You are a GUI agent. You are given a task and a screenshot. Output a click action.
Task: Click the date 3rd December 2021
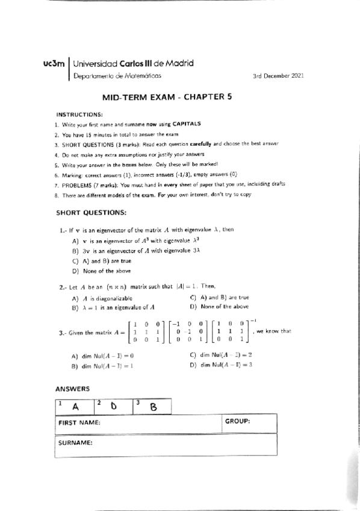click(279, 77)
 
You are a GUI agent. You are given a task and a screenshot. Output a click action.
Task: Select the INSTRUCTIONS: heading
click(79, 114)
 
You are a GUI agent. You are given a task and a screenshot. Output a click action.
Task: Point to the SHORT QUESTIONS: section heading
click(91, 213)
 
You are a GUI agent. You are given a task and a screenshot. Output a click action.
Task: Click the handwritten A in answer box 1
click(76, 407)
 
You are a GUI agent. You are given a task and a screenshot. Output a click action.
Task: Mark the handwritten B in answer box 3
click(153, 407)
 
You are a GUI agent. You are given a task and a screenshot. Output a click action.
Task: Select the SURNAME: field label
click(75, 443)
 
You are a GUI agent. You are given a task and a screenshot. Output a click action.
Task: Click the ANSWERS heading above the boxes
click(72, 389)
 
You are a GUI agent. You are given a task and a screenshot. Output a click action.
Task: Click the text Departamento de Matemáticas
click(112, 76)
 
